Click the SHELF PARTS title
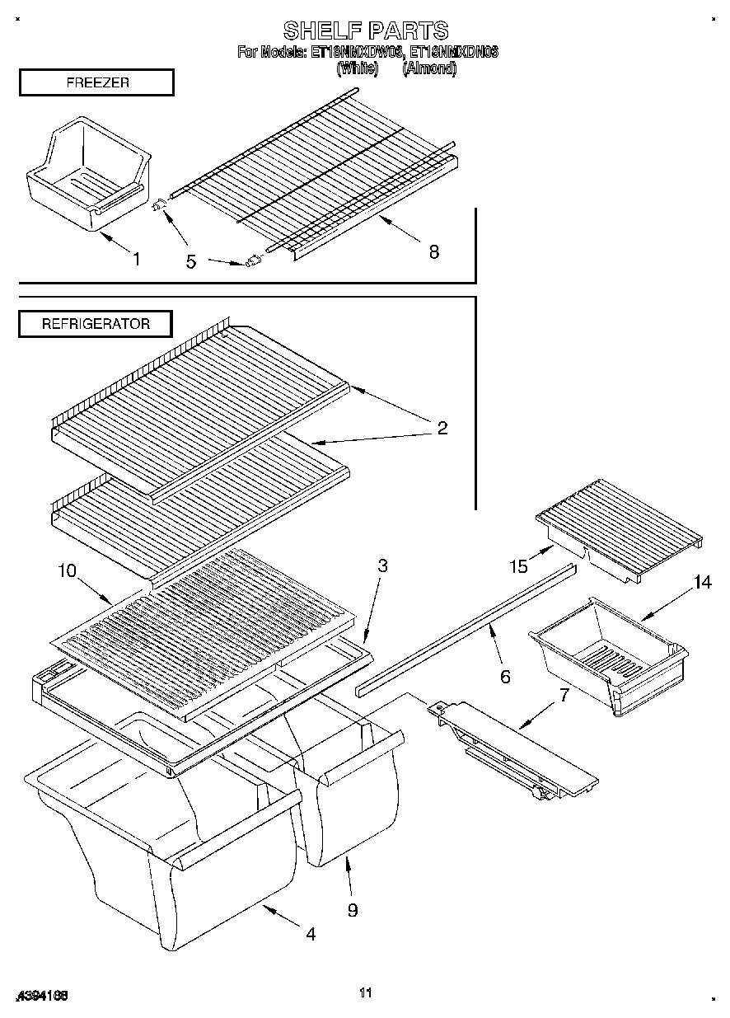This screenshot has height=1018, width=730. point(366,30)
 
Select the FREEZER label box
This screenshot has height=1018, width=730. point(96,83)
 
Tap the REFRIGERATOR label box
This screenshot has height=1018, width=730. point(96,324)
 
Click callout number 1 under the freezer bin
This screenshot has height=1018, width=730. point(136,260)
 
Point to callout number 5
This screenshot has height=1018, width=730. point(191,262)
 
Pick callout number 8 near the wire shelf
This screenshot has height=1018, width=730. point(433,252)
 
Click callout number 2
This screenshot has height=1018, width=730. point(442,428)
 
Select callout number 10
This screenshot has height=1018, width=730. point(66,570)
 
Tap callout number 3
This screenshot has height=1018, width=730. point(383,566)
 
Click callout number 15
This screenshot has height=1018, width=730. point(518,566)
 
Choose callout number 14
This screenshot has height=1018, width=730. point(701,583)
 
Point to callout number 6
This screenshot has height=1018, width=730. point(505,677)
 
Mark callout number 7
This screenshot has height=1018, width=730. point(564,695)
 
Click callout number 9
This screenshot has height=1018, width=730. point(353,910)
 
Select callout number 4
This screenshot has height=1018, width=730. point(311,934)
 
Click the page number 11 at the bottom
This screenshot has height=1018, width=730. point(366,993)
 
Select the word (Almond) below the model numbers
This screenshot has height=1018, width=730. point(428,68)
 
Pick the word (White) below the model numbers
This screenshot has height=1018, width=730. point(357,68)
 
